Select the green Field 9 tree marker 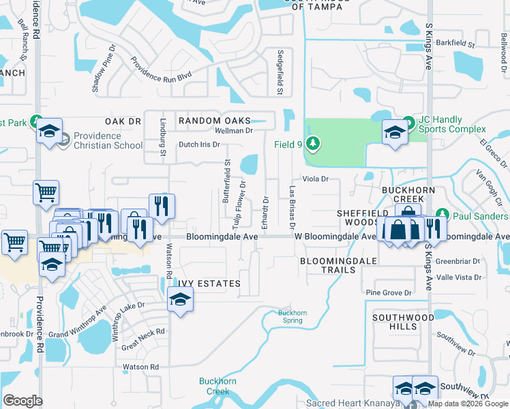tap(313, 143)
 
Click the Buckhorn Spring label tap(292, 317)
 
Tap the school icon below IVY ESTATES tap(180, 299)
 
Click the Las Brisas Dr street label tap(292, 207)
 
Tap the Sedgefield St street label tap(280, 72)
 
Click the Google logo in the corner tap(22, 401)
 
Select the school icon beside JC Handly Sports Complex tap(395, 132)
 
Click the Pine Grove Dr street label tap(389, 292)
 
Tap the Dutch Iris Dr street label tap(199, 145)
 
